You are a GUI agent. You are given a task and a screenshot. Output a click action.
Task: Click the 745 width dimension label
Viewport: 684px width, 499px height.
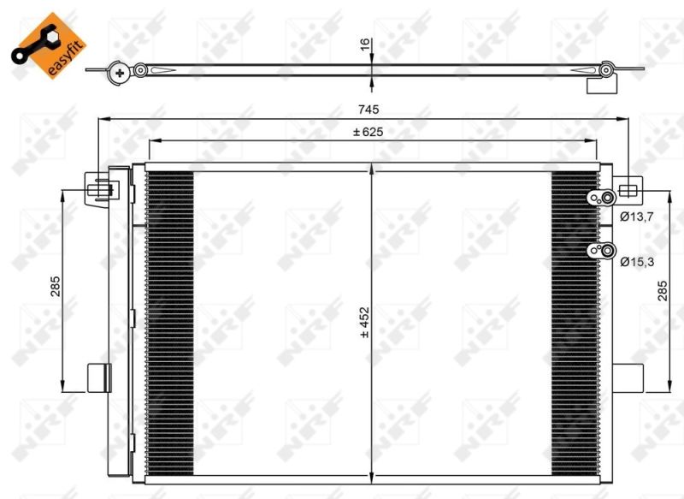coord(368,109)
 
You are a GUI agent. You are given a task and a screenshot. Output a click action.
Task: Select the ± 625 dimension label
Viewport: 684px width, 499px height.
coord(368,132)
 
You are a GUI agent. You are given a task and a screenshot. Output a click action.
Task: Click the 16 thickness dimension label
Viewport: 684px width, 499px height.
coord(365,45)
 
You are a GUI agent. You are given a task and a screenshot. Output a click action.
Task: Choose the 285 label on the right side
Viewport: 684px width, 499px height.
coord(663,290)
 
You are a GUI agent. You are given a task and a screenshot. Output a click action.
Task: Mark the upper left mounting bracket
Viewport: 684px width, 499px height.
coord(99,188)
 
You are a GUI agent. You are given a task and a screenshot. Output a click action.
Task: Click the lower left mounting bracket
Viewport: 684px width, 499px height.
coord(98,377)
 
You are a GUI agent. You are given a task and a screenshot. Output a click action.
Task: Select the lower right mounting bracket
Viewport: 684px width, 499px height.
coord(628,377)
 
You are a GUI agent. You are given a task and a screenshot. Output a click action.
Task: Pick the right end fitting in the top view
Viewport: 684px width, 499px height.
coord(604,73)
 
